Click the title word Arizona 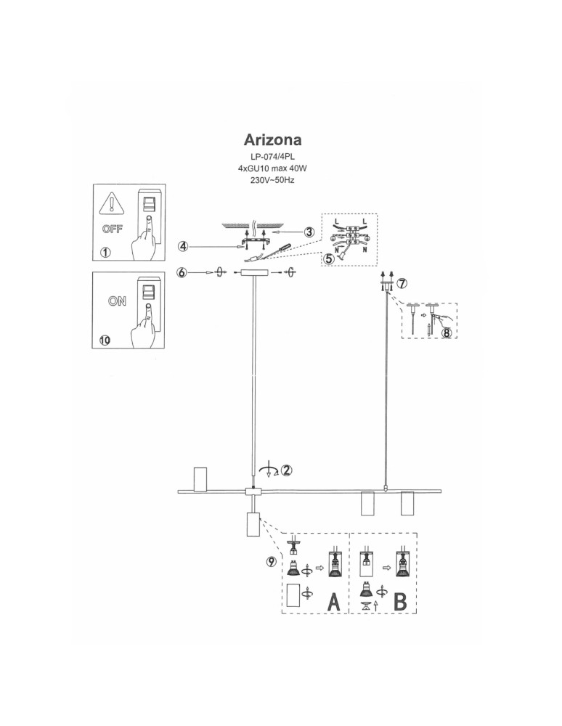[272, 139]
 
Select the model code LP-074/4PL [272, 157]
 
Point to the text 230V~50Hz [272, 179]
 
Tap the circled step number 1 [106, 253]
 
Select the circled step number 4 [184, 247]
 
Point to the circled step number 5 [330, 258]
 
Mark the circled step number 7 [404, 282]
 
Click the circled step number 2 [287, 469]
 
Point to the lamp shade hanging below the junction [253, 524]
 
